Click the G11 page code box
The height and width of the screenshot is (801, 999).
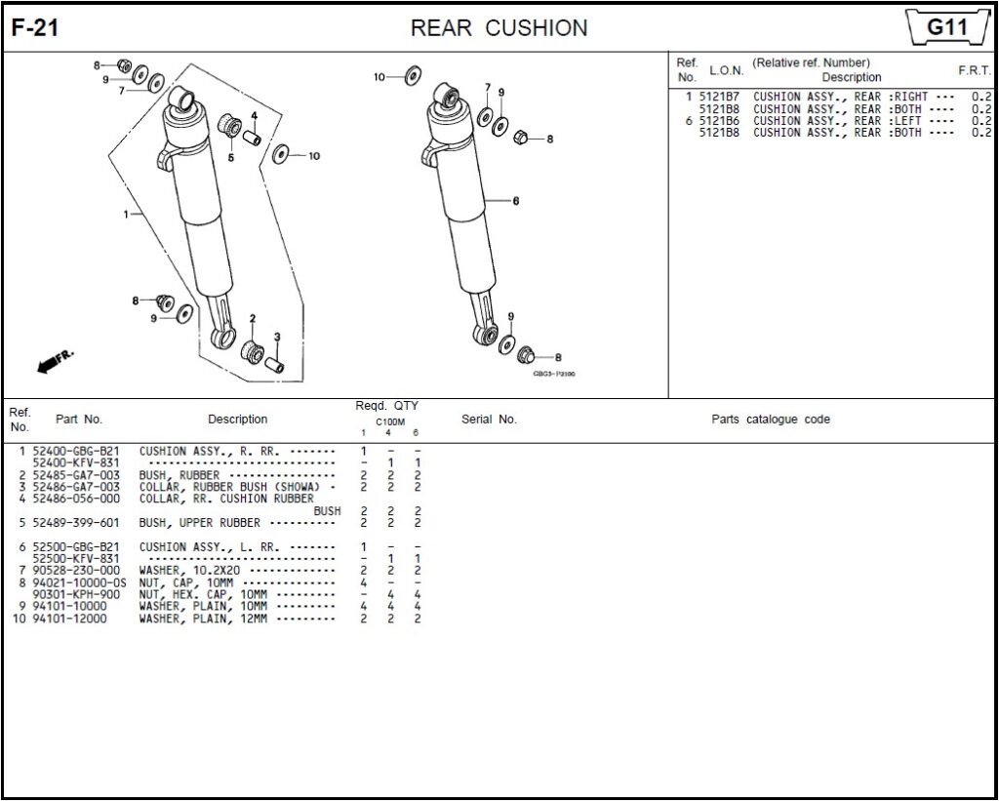[945, 27]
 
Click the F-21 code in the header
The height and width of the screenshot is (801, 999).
[35, 28]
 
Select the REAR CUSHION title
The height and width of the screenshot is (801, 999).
[499, 28]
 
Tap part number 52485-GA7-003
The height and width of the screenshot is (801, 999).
[76, 475]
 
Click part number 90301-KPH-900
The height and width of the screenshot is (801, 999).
[76, 594]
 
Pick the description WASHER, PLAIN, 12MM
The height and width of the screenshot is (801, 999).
[202, 619]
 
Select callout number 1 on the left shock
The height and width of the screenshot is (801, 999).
[127, 214]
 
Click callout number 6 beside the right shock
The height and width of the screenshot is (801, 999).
[515, 201]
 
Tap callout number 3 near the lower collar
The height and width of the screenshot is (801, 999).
[277, 338]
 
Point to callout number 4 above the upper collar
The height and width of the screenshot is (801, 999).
[254, 116]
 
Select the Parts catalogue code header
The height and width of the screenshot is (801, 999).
[770, 420]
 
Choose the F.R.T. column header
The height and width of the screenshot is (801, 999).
[974, 70]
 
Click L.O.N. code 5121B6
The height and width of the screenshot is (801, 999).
[719, 121]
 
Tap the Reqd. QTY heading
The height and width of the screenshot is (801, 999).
[386, 406]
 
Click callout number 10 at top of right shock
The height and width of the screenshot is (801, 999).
[380, 76]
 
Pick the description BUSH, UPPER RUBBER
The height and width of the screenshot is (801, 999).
[199, 523]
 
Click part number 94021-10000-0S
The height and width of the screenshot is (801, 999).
[79, 582]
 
